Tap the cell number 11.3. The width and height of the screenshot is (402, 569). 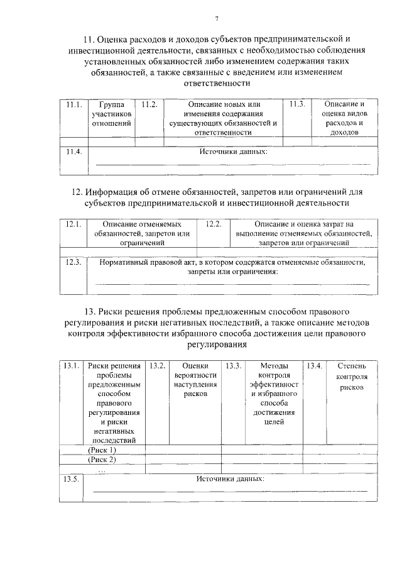tap(297, 104)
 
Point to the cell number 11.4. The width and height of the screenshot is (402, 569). tap(73, 152)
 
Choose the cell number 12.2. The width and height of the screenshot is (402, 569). tap(214, 224)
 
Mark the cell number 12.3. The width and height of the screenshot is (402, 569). tap(73, 263)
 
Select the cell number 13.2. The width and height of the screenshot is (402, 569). tap(157, 366)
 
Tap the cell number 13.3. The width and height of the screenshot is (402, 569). tap(234, 366)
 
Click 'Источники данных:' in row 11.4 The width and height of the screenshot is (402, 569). tap(233, 152)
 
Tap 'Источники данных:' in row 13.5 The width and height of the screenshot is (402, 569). tap(230, 479)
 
